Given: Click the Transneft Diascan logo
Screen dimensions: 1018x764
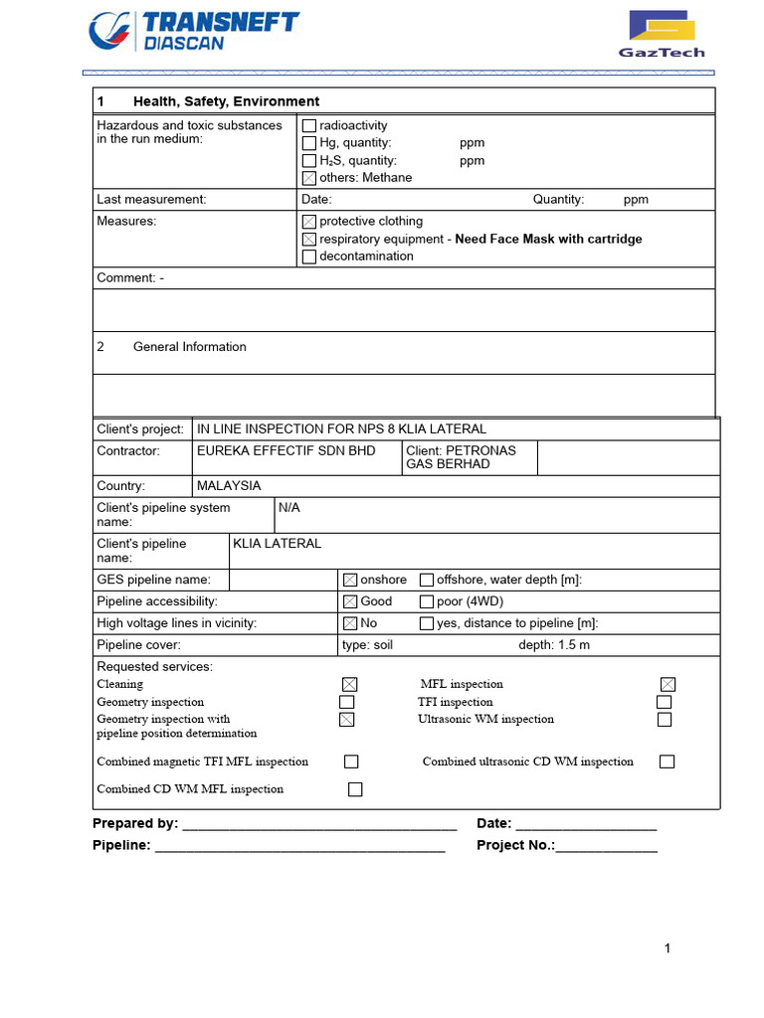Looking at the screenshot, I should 193,31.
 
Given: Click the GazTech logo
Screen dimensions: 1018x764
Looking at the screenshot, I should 662,35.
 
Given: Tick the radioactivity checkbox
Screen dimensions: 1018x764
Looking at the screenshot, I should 309,126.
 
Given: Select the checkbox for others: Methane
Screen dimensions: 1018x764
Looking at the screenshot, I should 309,178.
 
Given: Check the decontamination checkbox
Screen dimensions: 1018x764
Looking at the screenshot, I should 309,256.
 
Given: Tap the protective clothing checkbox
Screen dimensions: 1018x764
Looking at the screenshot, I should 309,222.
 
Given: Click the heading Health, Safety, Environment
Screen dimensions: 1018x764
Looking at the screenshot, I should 226,101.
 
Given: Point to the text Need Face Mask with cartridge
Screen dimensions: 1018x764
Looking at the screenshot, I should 548,240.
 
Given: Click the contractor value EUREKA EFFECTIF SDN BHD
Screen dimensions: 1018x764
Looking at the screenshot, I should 286,451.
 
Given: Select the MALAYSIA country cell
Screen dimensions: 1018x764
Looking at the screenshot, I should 229,486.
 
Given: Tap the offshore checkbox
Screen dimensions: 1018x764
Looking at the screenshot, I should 427,581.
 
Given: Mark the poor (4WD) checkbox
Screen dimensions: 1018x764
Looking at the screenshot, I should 427,602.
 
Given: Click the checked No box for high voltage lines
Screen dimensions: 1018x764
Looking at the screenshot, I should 350,624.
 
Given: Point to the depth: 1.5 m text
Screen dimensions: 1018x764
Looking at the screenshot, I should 554,645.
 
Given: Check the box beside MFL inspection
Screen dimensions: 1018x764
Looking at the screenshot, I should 668,684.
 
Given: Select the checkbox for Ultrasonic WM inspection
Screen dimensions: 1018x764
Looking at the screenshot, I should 665,720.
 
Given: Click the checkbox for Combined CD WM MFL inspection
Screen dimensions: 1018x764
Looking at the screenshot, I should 355,789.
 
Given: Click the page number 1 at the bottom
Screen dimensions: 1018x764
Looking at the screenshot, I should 668,948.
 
